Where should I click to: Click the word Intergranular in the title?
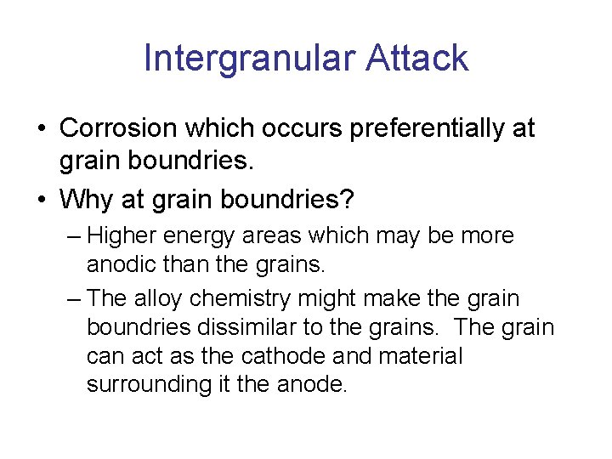[250, 59]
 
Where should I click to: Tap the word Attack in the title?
[417, 59]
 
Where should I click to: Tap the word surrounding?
[148, 384]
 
